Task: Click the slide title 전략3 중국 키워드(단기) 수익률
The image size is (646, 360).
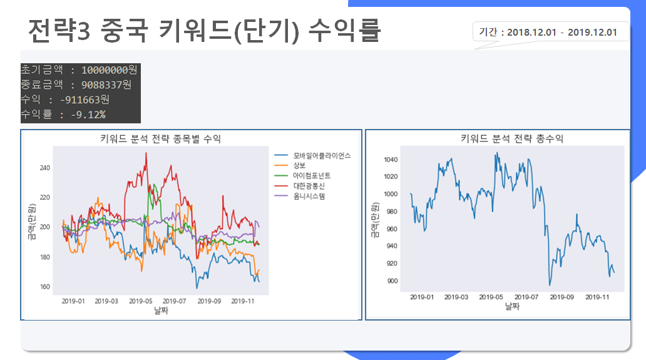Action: (x=204, y=29)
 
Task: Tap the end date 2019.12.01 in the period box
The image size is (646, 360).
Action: (x=592, y=32)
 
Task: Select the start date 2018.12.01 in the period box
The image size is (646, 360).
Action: (x=531, y=32)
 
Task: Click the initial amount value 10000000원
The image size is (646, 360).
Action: (x=110, y=70)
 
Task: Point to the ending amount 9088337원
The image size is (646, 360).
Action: (x=106, y=85)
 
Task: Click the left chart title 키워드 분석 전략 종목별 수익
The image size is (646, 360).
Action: (x=160, y=138)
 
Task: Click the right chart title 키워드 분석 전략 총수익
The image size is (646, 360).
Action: (x=511, y=138)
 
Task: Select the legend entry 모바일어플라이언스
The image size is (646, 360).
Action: (x=322, y=155)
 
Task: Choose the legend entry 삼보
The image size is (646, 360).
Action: (x=299, y=165)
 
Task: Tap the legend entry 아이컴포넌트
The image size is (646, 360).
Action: (x=312, y=175)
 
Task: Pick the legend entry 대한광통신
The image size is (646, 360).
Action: (x=309, y=186)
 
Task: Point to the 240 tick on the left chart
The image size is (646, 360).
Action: (x=44, y=168)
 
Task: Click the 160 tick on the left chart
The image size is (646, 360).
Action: (x=44, y=287)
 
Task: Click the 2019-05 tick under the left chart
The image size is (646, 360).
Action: (x=141, y=301)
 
